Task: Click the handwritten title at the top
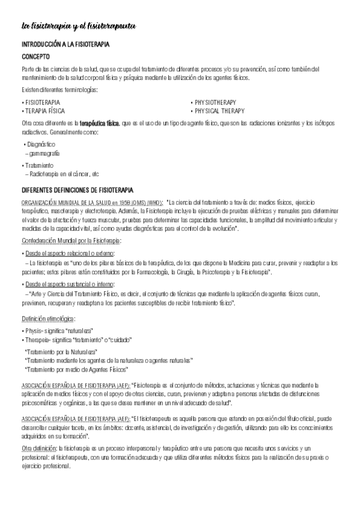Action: click(78, 26)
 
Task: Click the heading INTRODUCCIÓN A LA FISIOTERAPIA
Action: click(73, 45)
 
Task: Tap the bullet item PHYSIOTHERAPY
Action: click(215, 103)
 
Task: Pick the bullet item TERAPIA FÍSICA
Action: click(44, 111)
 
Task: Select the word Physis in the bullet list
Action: click(34, 331)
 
